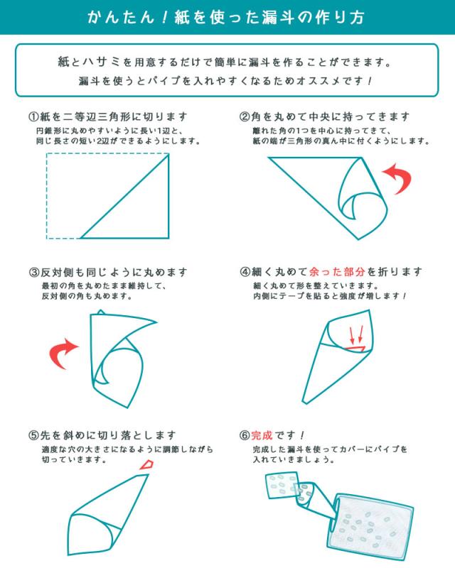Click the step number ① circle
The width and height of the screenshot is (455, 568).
click(33, 116)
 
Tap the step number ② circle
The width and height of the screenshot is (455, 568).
click(244, 116)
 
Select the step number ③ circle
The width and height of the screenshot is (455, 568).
click(33, 272)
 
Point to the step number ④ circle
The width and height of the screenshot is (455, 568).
click(245, 272)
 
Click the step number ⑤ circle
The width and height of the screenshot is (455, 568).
click(33, 435)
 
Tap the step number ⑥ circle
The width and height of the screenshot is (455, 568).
click(244, 435)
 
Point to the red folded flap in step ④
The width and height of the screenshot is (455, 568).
click(355, 349)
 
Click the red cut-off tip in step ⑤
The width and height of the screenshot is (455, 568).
click(146, 465)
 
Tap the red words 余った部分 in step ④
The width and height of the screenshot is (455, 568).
click(337, 272)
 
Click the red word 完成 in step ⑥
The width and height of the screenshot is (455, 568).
click(261, 435)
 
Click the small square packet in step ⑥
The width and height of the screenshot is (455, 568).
click(283, 485)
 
